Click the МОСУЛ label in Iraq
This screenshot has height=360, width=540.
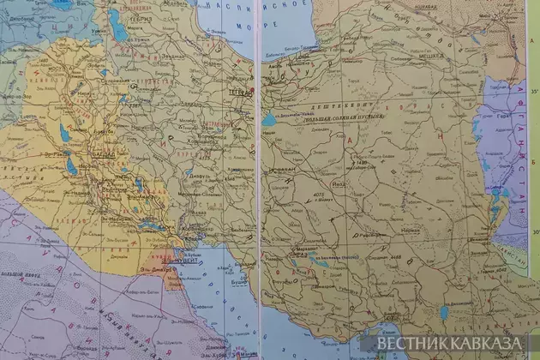pos(60,63)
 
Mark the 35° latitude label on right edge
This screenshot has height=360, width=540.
pos(531,89)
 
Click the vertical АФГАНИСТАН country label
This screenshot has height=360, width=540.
pos(517,146)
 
